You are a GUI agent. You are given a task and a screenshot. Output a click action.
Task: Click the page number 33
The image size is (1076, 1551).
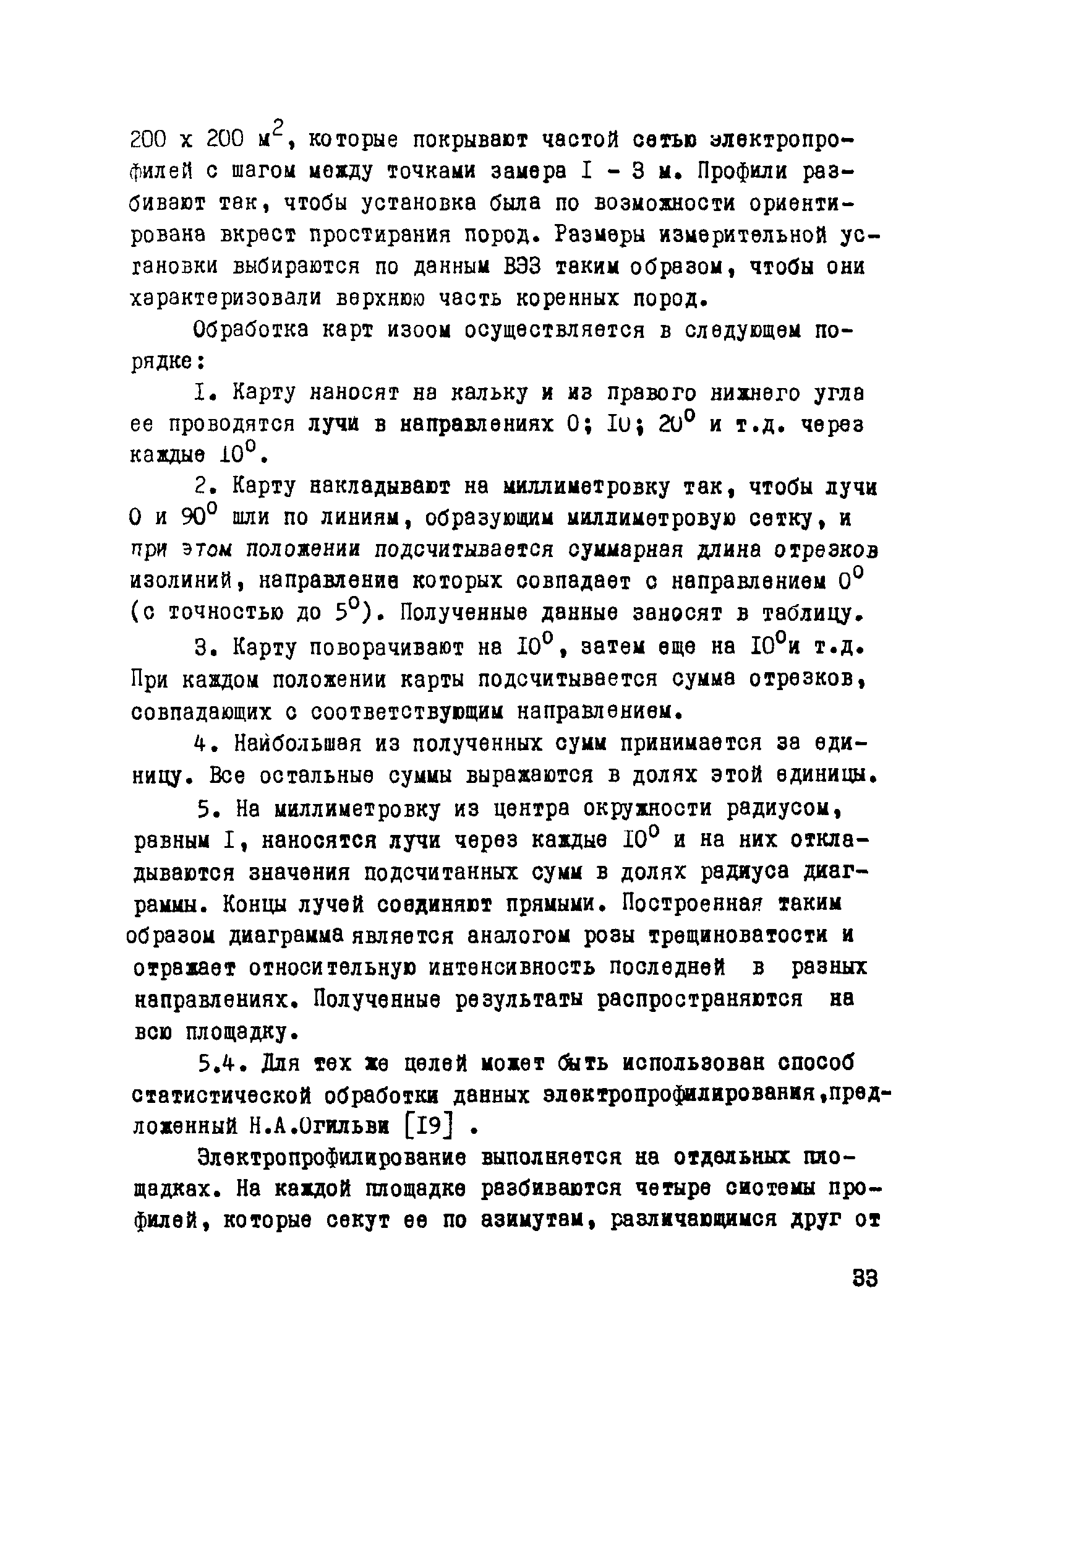[x=865, y=1279]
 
